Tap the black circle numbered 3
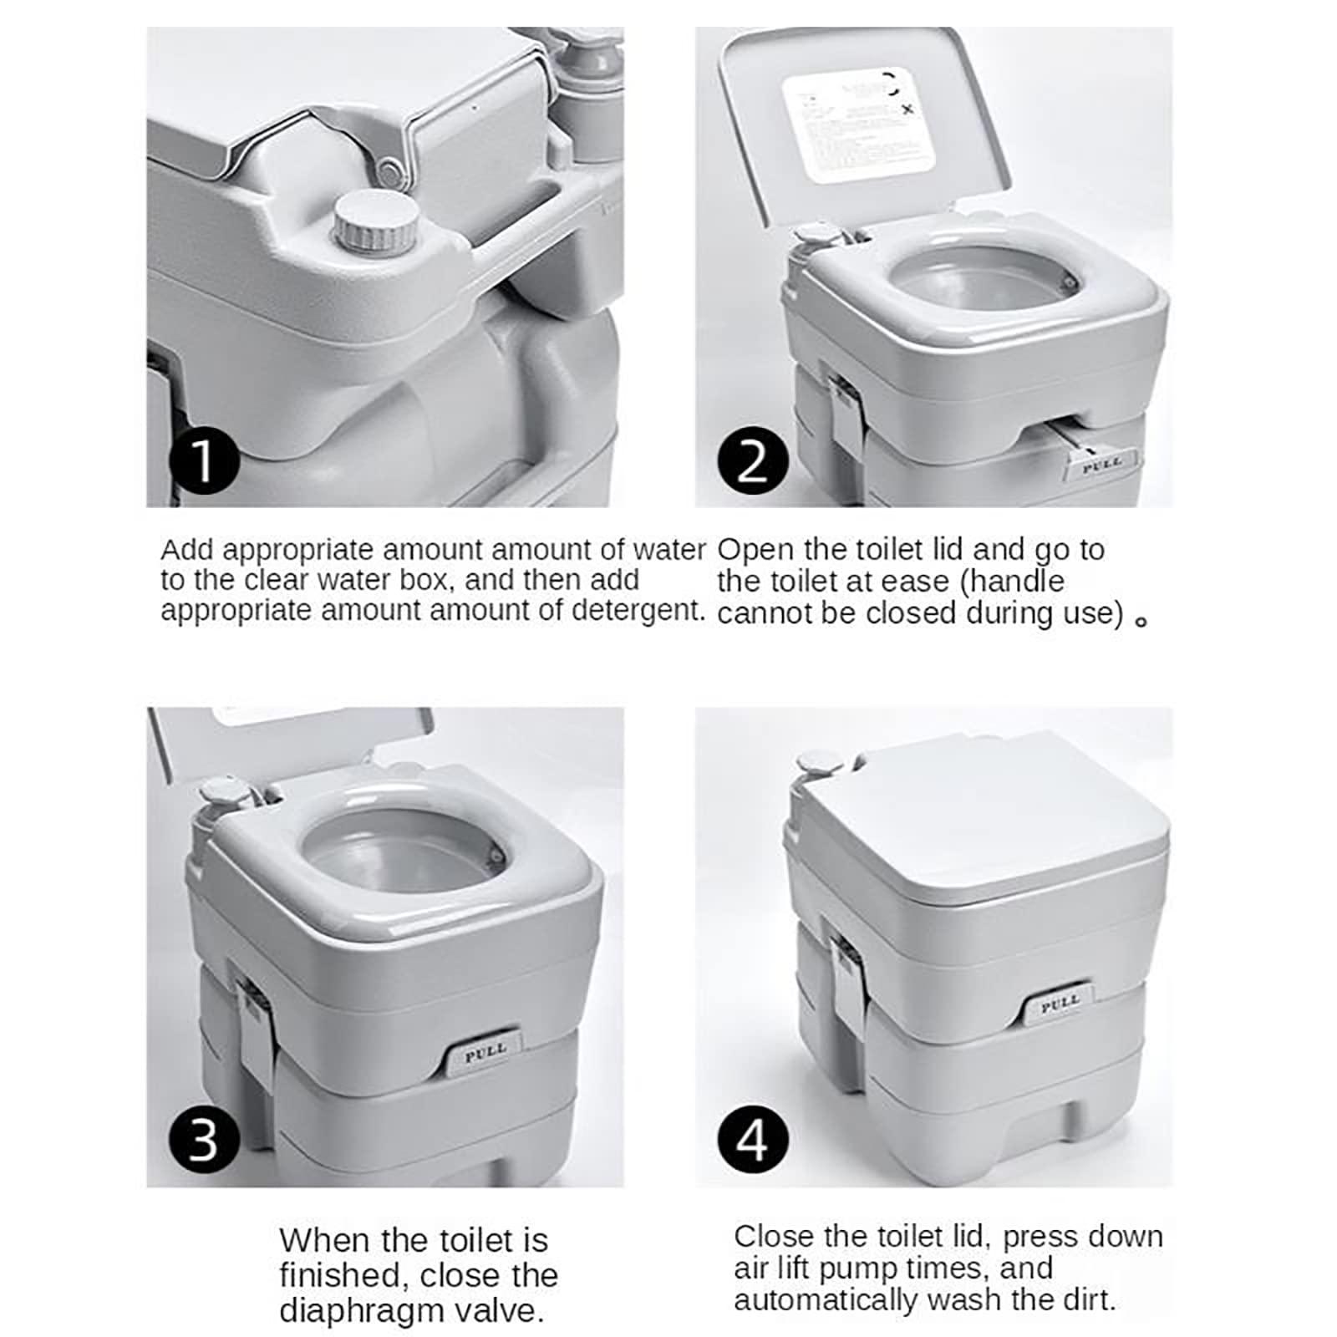click(203, 1139)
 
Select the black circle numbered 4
click(752, 1139)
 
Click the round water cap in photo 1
click(376, 220)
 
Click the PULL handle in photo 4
click(1060, 1004)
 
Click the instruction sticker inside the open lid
click(857, 124)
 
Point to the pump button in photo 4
click(814, 762)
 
